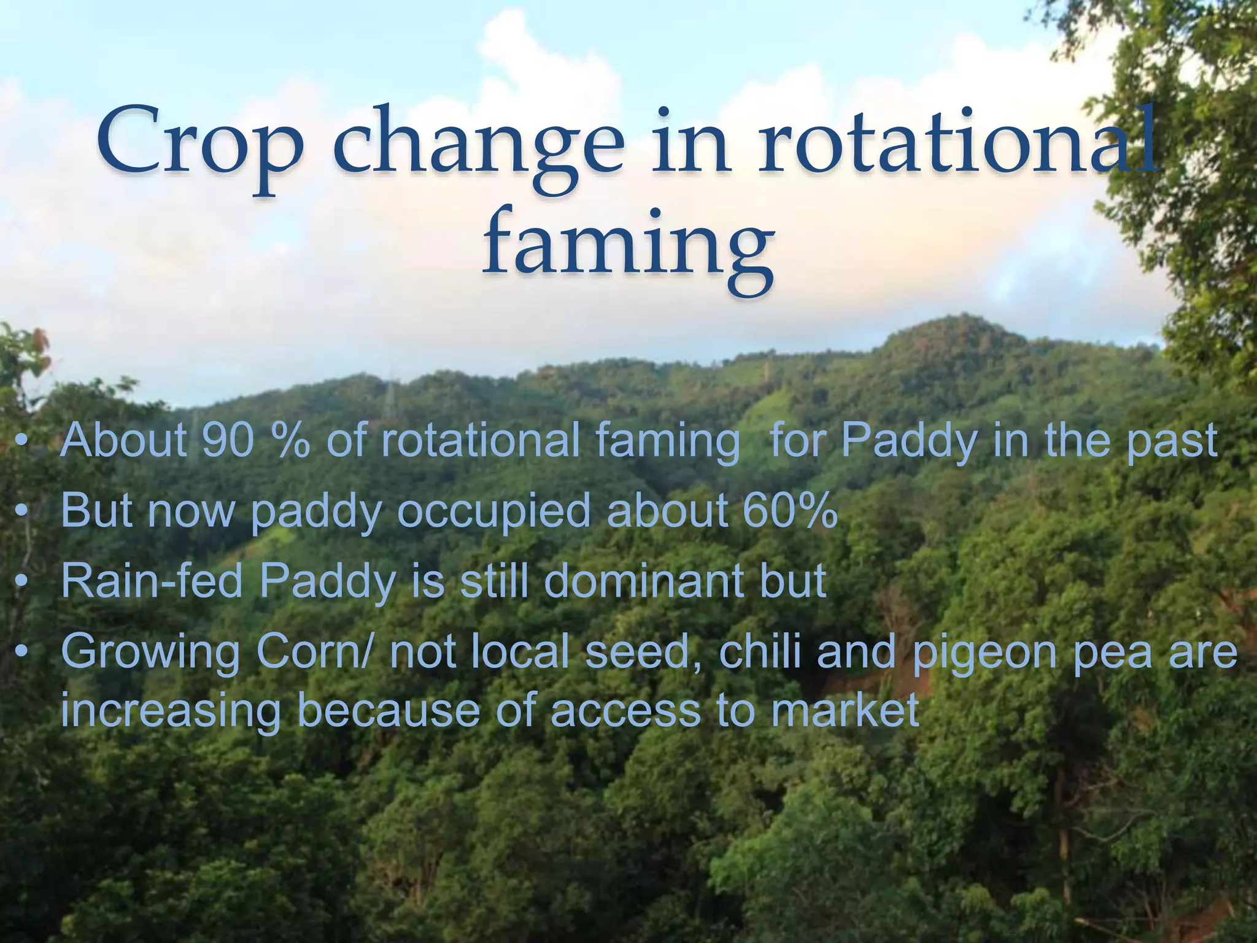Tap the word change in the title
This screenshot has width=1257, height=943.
coord(478,147)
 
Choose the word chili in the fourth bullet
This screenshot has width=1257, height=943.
coord(760,651)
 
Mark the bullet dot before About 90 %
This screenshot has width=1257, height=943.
coord(23,441)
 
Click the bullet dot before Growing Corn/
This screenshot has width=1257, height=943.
coord(23,653)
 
